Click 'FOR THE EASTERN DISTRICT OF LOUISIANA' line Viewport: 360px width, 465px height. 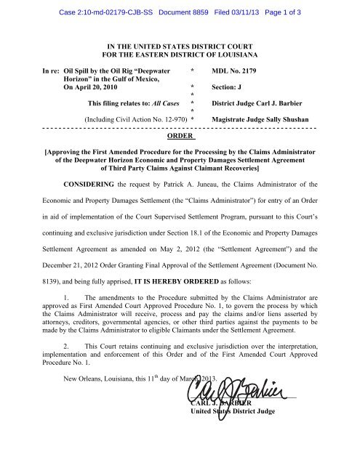click(180, 50)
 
